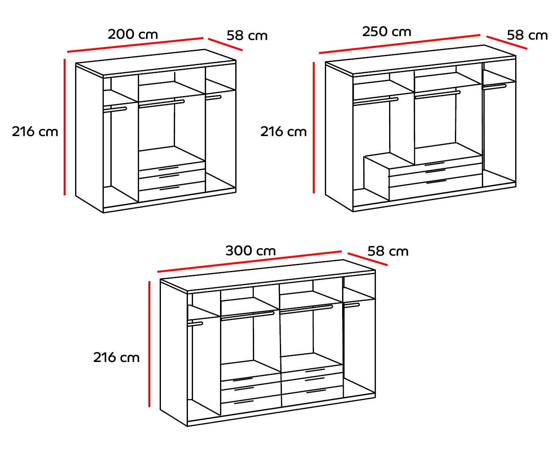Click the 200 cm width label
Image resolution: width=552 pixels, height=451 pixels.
coord(133,35)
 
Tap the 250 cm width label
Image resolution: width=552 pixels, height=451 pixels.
coord(386,32)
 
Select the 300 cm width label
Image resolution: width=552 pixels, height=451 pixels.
coord(251,251)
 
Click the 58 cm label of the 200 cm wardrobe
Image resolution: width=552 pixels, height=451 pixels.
coord(247,36)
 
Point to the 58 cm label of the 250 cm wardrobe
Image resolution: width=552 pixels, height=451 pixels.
coord(527,35)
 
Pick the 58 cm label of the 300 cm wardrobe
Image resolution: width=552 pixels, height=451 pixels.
coord(388,251)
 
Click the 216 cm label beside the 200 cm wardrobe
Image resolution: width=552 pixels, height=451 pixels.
coord(35,132)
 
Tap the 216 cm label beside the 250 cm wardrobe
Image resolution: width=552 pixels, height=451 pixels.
coord(283,132)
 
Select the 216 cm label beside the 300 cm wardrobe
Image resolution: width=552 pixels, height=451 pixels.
coord(116,358)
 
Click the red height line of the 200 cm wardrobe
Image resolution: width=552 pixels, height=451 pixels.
coord(65,127)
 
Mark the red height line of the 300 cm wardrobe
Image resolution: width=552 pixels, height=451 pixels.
coord(149,344)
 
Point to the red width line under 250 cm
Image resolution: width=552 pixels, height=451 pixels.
coord(399,44)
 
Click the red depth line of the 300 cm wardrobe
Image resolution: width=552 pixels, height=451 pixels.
coord(368,259)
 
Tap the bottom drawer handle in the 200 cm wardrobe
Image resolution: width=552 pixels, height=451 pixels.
coord(170,188)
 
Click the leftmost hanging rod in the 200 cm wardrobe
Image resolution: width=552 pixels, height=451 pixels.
coord(115,109)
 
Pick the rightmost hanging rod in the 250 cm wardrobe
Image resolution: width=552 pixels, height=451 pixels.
coord(494,87)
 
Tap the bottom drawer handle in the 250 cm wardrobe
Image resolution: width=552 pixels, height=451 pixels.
coord(436,182)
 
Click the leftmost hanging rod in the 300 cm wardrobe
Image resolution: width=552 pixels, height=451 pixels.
coord(195,324)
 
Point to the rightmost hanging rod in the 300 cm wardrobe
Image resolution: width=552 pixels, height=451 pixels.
coord(352,305)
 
